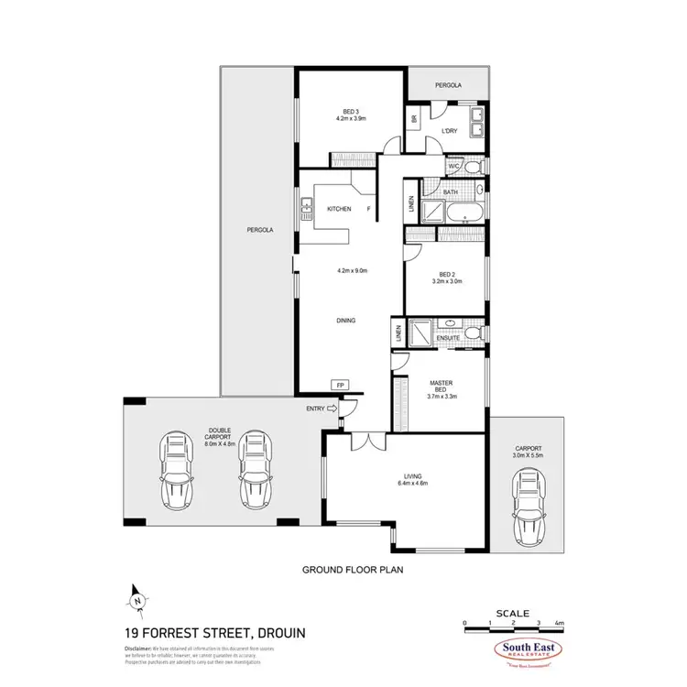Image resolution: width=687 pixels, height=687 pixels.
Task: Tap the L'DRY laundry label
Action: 449,132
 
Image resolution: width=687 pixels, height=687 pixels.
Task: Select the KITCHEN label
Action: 339,210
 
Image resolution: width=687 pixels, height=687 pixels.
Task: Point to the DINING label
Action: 344,321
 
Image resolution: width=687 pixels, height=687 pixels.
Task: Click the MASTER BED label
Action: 442,386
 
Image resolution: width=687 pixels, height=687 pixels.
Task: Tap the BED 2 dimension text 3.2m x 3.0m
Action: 447,282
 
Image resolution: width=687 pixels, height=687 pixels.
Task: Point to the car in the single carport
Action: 527,509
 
